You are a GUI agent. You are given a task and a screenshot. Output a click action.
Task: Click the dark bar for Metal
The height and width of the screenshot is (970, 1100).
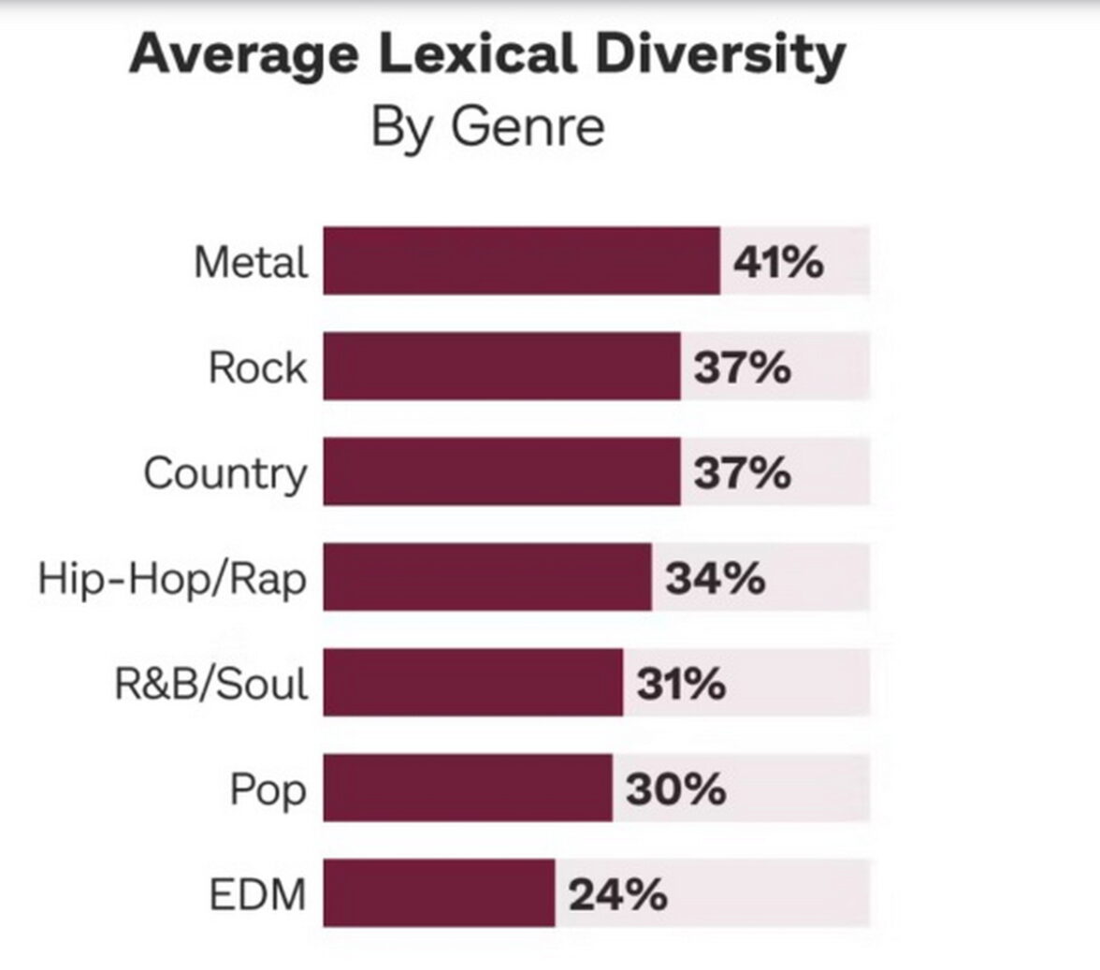(521, 261)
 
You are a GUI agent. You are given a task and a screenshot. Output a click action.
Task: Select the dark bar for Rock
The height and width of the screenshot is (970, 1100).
(501, 367)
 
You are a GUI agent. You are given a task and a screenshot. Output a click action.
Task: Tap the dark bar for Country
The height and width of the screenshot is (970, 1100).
(501, 471)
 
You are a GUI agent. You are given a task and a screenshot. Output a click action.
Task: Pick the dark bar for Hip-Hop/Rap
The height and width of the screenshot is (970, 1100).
(487, 577)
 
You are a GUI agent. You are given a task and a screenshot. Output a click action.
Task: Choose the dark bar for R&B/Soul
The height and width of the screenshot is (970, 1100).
(472, 683)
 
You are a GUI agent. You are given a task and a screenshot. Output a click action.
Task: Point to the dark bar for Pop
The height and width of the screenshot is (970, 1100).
(468, 789)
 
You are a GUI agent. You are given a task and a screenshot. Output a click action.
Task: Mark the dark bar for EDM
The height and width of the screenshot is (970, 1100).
(439, 894)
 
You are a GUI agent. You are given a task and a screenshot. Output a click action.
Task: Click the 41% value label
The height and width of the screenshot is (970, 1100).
(778, 262)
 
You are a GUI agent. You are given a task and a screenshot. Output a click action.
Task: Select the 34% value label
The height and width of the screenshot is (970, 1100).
(716, 578)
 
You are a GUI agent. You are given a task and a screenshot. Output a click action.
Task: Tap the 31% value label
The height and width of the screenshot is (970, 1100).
(681, 684)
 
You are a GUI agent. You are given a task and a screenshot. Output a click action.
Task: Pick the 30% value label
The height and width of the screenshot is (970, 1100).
(675, 789)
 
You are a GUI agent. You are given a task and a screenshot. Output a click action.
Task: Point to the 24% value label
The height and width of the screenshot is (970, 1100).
(618, 895)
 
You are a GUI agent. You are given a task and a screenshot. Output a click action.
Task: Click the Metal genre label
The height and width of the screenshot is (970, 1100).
(251, 262)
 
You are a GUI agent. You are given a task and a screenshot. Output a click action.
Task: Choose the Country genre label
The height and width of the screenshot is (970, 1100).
(224, 473)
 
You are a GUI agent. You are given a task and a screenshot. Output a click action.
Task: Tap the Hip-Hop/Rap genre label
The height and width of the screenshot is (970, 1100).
(172, 579)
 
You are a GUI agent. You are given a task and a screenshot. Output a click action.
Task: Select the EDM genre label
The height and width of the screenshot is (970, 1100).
(257, 895)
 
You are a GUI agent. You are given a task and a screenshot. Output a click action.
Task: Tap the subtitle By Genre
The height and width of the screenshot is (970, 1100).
(487, 126)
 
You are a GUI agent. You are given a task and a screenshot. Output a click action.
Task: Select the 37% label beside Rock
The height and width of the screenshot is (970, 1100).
(742, 368)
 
